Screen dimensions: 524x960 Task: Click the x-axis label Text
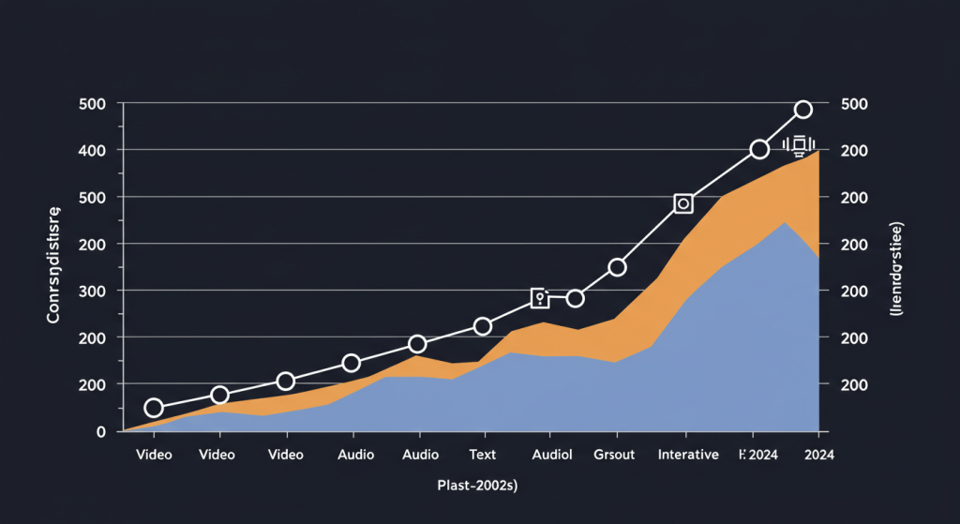click(x=483, y=455)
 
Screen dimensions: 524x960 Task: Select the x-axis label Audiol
click(x=552, y=455)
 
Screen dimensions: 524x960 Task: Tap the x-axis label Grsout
click(x=615, y=455)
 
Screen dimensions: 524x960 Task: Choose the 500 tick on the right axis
click(x=857, y=103)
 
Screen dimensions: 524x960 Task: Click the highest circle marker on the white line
click(x=802, y=110)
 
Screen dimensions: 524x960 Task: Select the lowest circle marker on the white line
click(x=154, y=408)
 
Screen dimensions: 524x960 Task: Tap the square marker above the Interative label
click(x=683, y=203)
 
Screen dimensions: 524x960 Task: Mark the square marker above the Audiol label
click(x=540, y=298)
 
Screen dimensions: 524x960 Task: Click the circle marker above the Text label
click(x=483, y=326)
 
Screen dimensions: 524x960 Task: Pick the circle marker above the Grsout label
click(x=617, y=267)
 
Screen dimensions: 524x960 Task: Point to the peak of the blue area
click(x=785, y=222)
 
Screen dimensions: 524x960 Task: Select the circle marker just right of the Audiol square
click(x=576, y=298)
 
